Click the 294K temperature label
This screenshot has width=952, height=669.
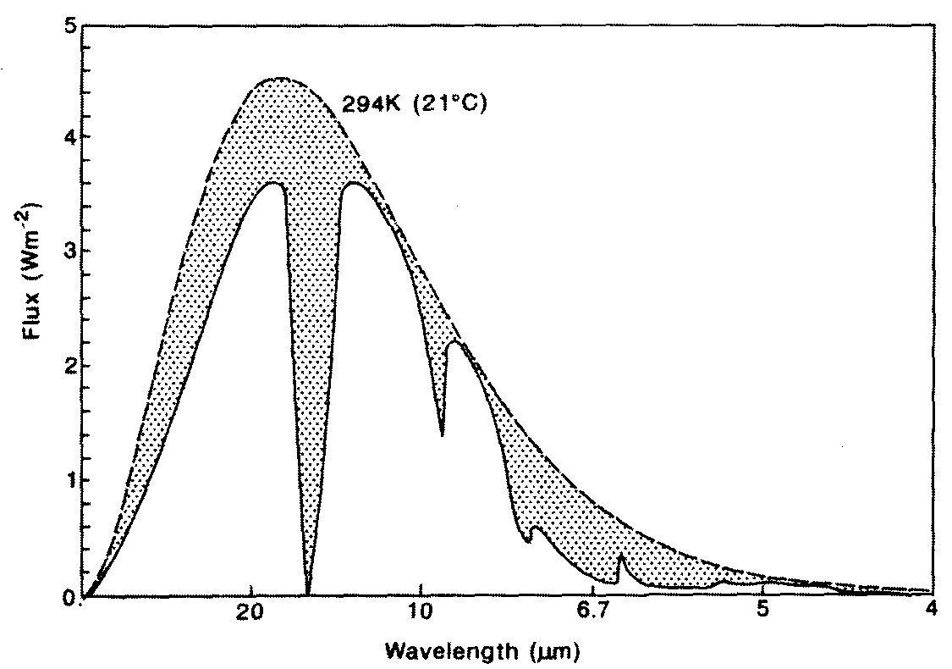[x=370, y=107]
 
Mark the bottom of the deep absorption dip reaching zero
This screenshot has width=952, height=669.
[x=308, y=593]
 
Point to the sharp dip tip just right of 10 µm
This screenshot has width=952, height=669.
[x=442, y=435]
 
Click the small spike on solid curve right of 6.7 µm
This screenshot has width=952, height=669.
[x=621, y=556]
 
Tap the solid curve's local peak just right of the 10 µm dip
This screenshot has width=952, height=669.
[x=455, y=341]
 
